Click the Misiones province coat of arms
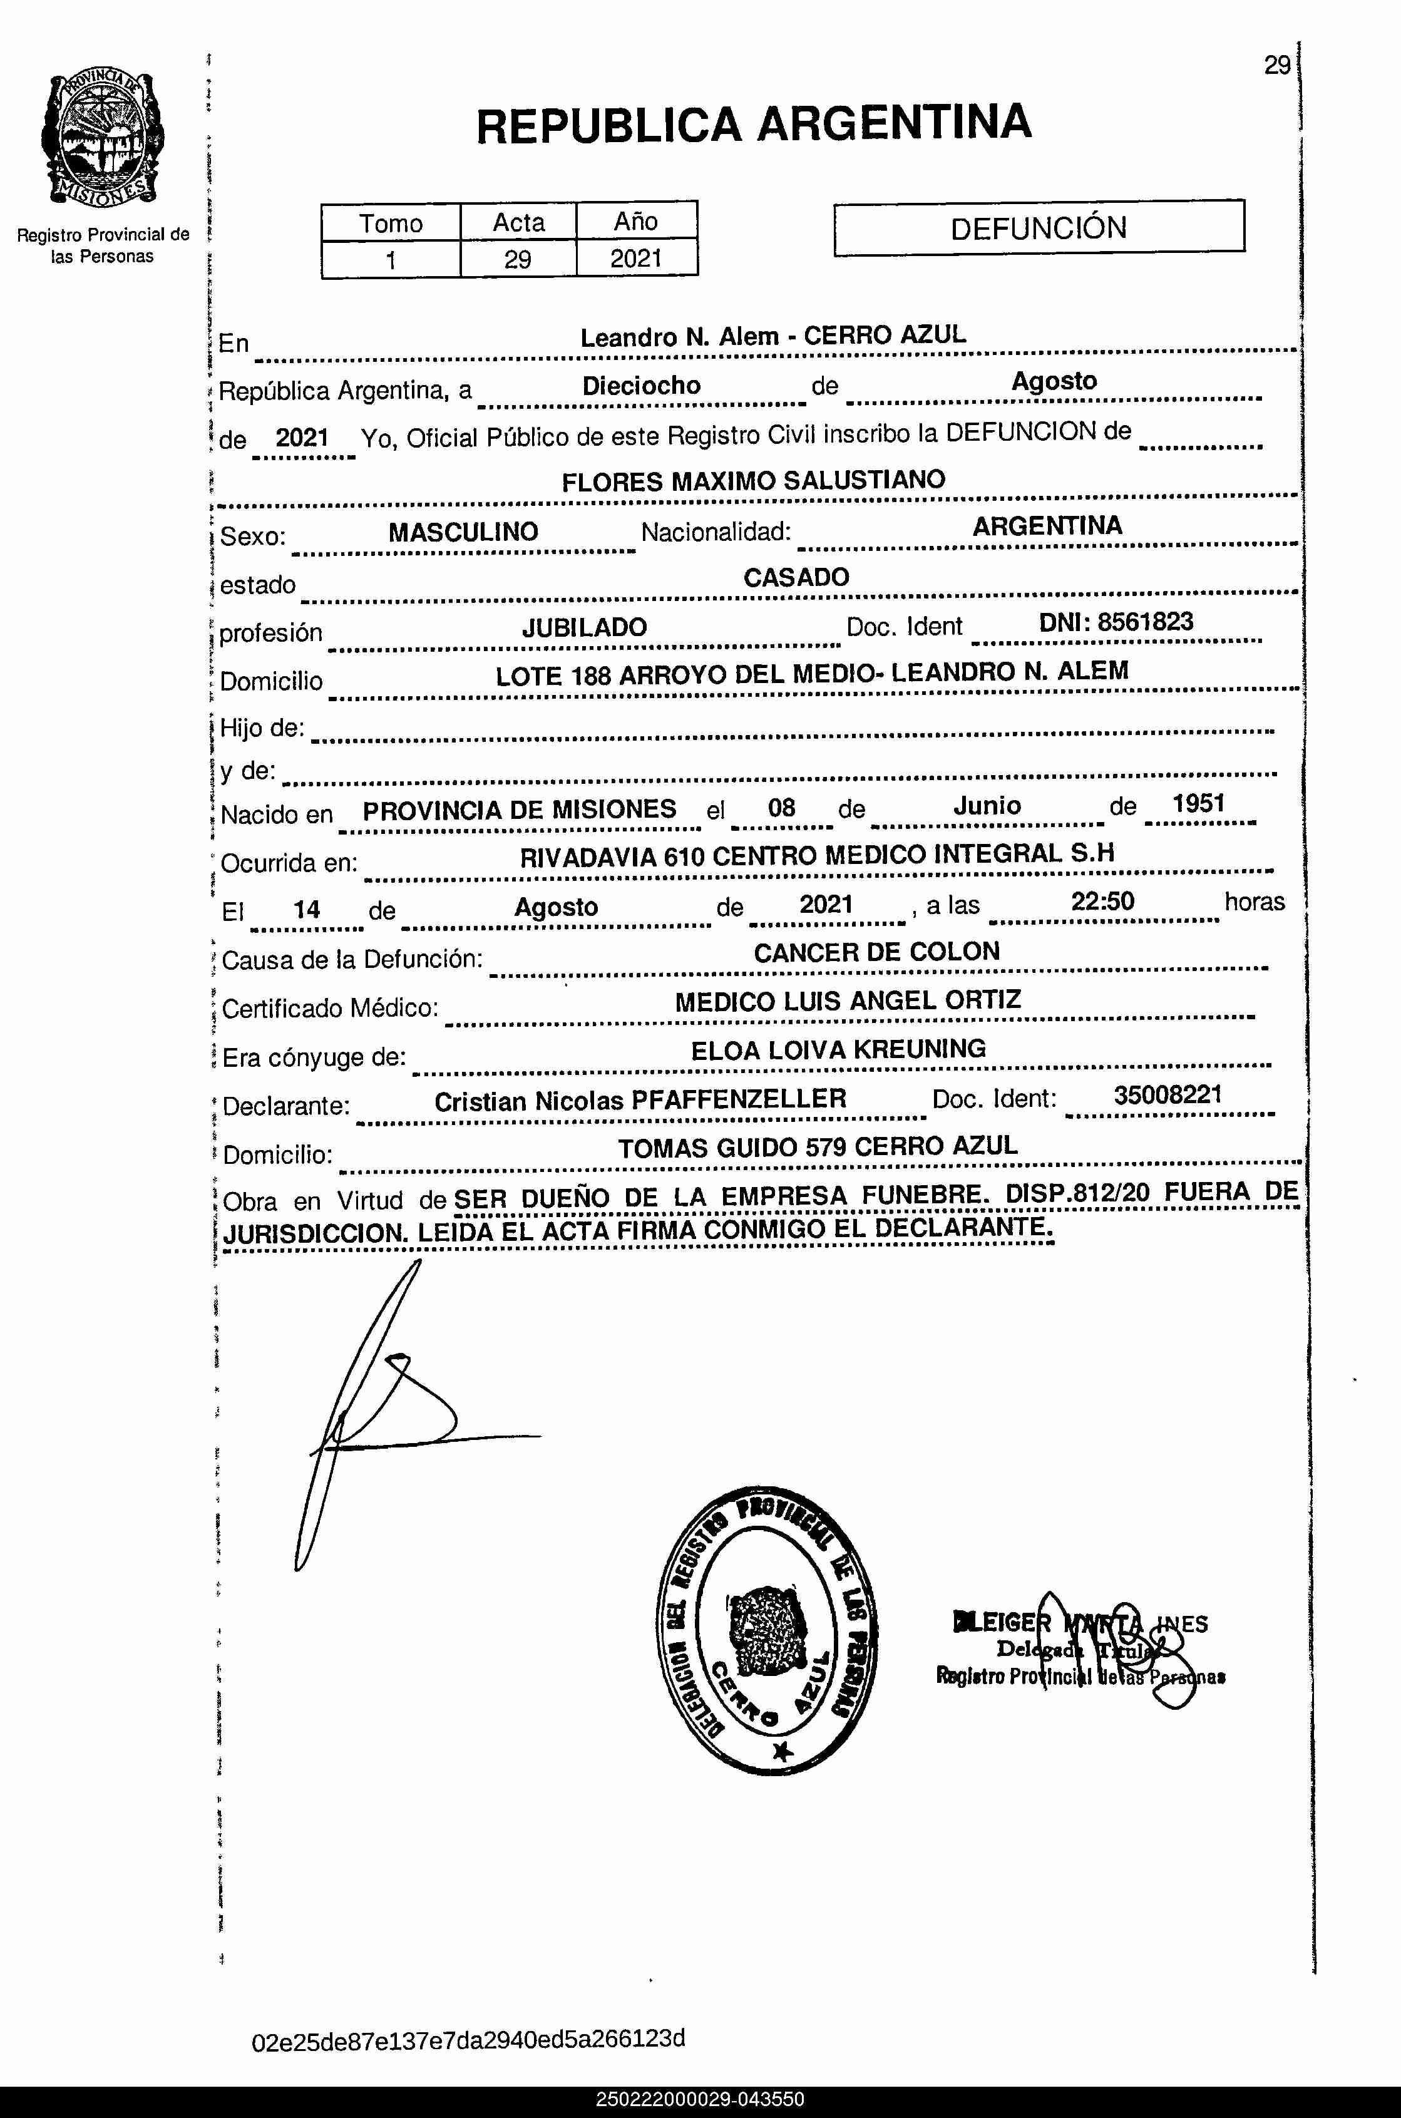[102, 138]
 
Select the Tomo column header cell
[391, 222]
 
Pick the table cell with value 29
[517, 260]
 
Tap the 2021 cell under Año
[636, 259]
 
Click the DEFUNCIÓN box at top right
[1039, 228]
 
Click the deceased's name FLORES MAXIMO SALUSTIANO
[753, 481]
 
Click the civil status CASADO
[796, 577]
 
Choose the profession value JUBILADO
[584, 627]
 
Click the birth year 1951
[1198, 803]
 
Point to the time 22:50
[1102, 902]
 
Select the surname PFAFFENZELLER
[739, 1099]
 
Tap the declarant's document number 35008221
[1167, 1096]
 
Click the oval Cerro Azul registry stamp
[767, 1630]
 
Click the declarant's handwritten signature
[384, 1412]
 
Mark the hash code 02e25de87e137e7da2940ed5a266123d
[469, 2038]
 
